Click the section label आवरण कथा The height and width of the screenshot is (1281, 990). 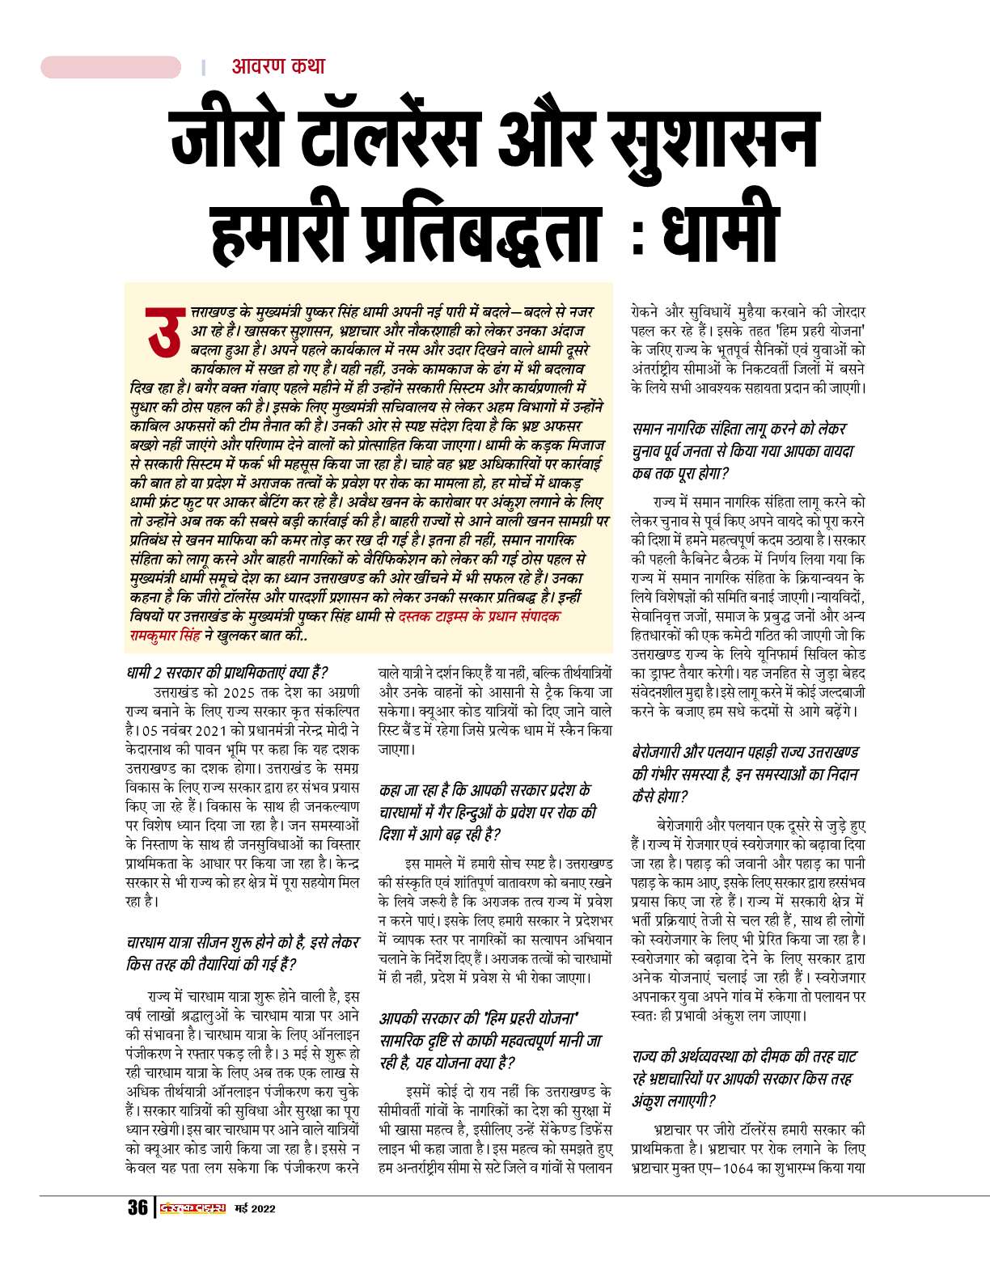[278, 66]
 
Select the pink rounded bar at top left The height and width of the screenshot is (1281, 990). [111, 67]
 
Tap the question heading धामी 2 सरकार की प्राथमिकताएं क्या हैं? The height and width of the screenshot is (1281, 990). [227, 672]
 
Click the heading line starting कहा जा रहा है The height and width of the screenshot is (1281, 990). [485, 789]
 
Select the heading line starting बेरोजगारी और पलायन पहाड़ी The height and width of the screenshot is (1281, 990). [745, 752]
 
